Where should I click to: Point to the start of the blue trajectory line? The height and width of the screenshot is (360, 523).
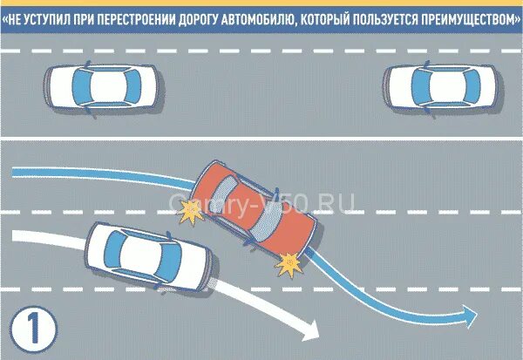[x=12, y=166]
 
